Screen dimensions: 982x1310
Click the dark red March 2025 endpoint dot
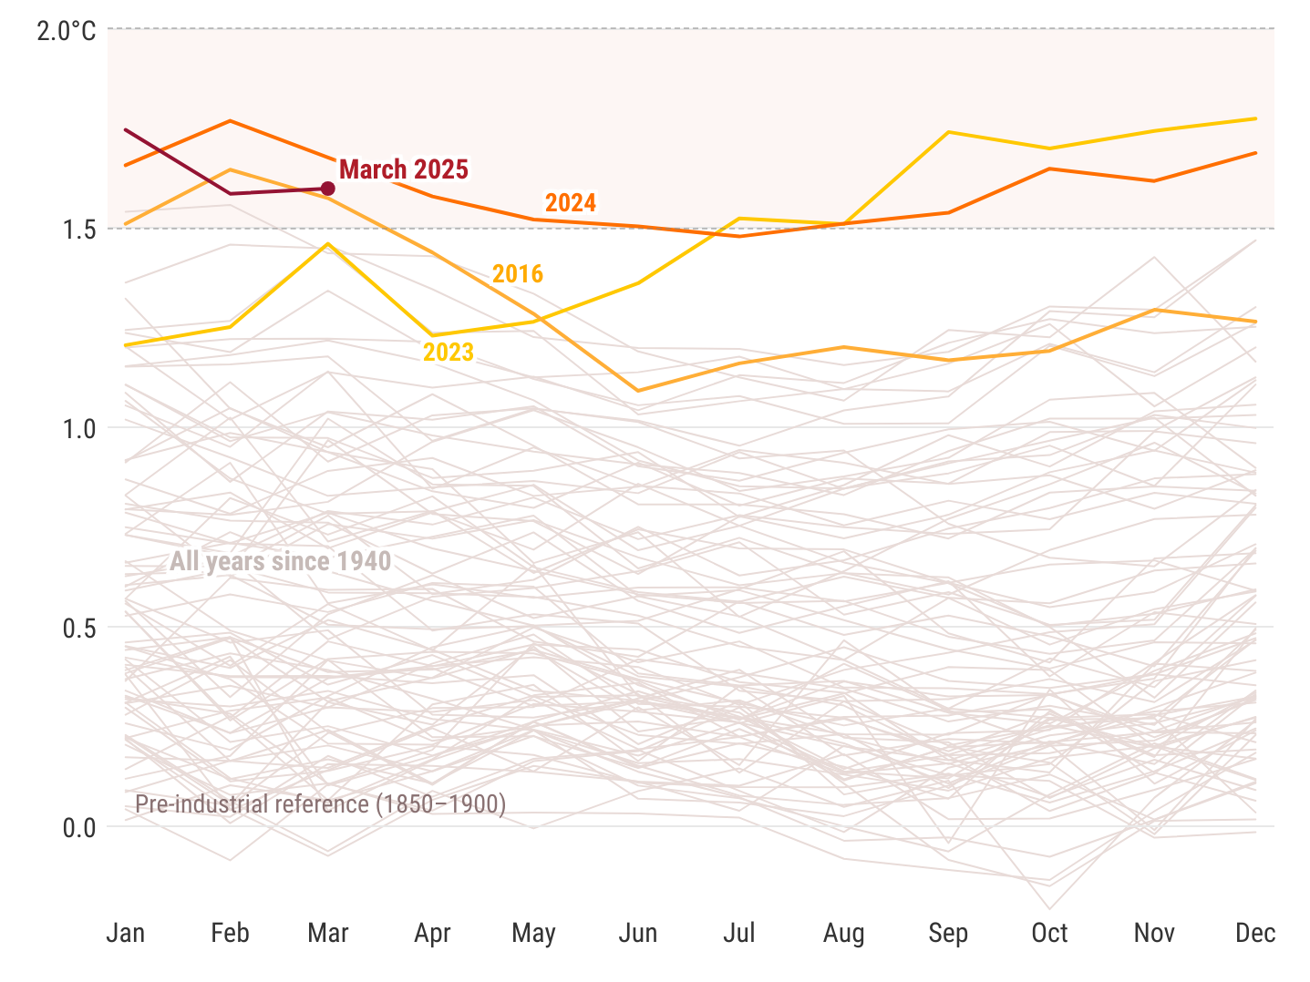328,189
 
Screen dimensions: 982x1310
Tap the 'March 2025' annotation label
403,169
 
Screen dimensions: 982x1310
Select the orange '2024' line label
571,202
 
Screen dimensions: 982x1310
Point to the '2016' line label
518,273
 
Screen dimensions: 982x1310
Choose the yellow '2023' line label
449,352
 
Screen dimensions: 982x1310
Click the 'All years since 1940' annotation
280,561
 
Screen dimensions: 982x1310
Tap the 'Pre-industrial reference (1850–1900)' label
320,804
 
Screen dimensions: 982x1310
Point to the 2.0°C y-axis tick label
67,31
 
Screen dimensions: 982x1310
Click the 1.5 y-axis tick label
79,229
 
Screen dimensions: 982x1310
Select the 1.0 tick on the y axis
79,428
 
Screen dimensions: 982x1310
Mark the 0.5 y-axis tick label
79,628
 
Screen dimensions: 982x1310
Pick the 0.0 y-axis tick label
79,827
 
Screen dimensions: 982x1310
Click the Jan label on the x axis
126,933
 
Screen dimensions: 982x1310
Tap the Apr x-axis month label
432,933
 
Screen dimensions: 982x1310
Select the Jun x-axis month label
638,933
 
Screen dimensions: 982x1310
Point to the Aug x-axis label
843,933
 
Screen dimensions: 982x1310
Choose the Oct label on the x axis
1049,933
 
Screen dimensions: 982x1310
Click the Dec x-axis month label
1255,933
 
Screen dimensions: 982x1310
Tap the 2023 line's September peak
948,132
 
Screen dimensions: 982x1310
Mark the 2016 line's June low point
638,391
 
